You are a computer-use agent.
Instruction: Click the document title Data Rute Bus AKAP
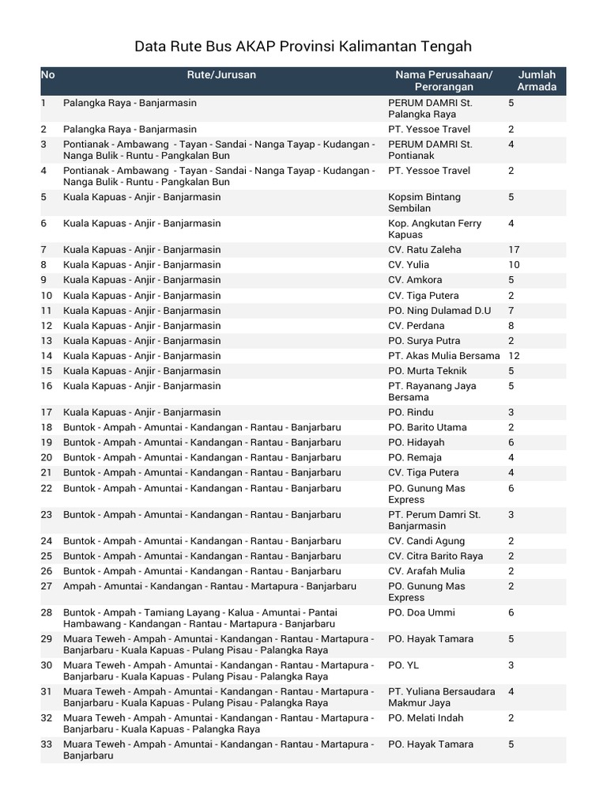click(303, 47)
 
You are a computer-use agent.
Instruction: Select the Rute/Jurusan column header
click(221, 75)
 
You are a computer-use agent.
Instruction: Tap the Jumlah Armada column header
click(537, 81)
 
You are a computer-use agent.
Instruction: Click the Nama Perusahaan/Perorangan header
click(443, 81)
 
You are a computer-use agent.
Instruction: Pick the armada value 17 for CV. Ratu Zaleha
click(514, 250)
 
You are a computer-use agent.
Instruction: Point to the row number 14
click(47, 356)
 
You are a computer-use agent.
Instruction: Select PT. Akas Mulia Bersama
click(443, 356)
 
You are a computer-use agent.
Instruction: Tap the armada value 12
click(514, 356)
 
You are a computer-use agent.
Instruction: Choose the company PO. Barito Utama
click(427, 427)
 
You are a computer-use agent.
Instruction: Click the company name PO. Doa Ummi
click(421, 613)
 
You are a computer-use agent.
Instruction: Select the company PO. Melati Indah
click(425, 718)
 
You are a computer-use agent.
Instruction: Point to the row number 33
click(47, 744)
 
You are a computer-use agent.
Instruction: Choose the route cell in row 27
click(209, 586)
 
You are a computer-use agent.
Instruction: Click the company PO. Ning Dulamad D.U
click(439, 311)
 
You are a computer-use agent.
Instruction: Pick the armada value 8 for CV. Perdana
click(511, 326)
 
